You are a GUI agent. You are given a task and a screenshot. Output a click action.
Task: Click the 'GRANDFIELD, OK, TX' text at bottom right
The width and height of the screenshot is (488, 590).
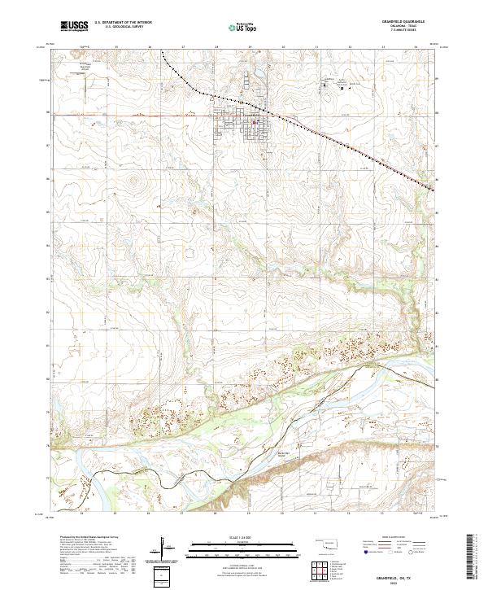(395, 575)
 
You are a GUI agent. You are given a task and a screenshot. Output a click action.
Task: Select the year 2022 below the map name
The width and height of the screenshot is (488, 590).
(395, 581)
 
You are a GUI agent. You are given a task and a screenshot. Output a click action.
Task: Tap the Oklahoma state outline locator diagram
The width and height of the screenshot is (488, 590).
(329, 541)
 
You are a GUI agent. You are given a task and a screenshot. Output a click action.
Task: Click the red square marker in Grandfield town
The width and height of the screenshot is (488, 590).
(254, 124)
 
